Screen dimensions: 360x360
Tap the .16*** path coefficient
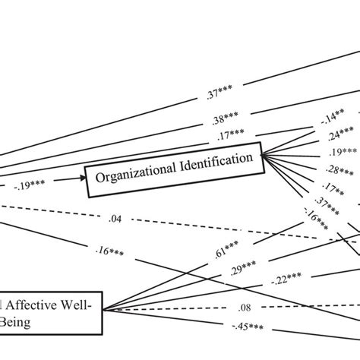112,248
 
